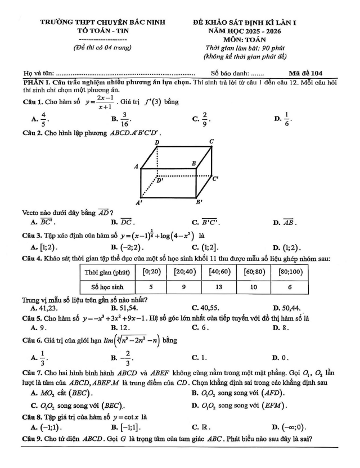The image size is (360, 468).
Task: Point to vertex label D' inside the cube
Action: [x=160, y=181]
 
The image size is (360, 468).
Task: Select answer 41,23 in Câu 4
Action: [x=47, y=308]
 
